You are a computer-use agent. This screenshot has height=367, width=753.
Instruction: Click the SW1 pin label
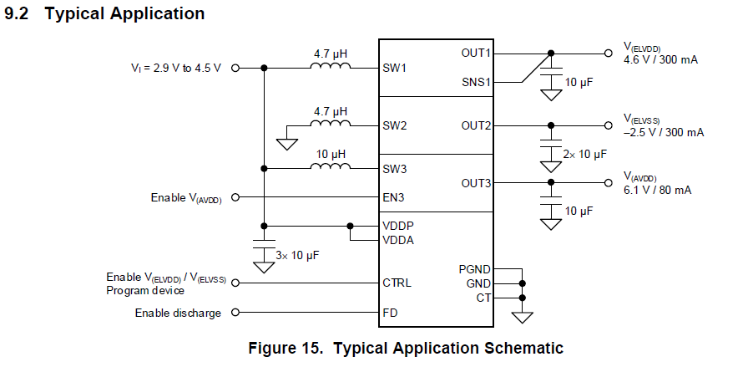pyautogui.click(x=394, y=68)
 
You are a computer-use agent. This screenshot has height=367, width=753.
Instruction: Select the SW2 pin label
pyautogui.click(x=395, y=125)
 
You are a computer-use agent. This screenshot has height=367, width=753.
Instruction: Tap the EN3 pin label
pyautogui.click(x=394, y=197)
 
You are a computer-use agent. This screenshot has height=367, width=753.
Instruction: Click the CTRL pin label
pyautogui.click(x=397, y=283)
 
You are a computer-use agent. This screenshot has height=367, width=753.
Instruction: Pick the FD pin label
pyautogui.click(x=390, y=313)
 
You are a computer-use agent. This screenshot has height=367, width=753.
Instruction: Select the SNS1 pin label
pyautogui.click(x=476, y=82)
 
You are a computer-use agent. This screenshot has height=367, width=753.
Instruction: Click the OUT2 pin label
pyautogui.click(x=476, y=125)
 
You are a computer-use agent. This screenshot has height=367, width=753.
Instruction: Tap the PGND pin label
pyautogui.click(x=474, y=269)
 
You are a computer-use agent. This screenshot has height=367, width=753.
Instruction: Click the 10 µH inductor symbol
pyautogui.click(x=331, y=167)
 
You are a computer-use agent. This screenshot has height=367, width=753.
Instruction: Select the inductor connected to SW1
pyautogui.click(x=331, y=67)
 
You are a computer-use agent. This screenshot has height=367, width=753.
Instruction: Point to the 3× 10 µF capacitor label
pyautogui.click(x=298, y=253)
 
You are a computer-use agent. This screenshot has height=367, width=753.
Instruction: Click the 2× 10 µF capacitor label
pyautogui.click(x=584, y=154)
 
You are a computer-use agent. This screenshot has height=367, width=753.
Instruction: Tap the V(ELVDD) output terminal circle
pyautogui.click(x=608, y=53)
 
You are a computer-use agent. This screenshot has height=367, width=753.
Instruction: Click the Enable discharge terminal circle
pyautogui.click(x=235, y=313)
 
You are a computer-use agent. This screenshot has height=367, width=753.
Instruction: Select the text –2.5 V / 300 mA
pyautogui.click(x=664, y=132)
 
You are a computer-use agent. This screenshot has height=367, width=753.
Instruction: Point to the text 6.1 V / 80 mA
pyautogui.click(x=658, y=190)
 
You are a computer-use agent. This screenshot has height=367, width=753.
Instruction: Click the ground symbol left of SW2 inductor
pyautogui.click(x=287, y=142)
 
